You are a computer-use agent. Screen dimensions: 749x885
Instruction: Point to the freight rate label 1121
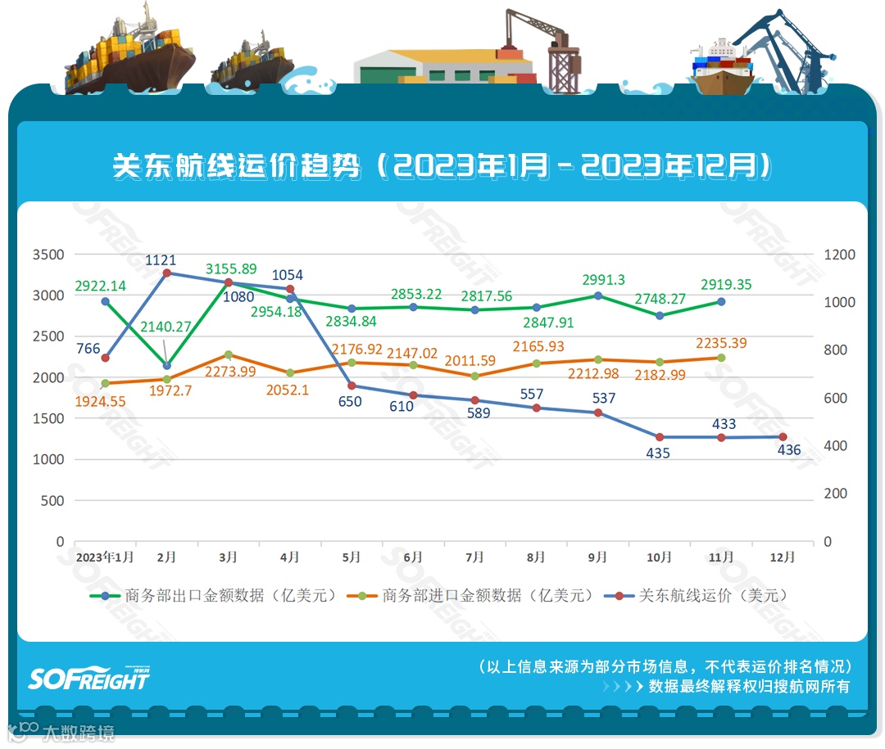(x=161, y=259)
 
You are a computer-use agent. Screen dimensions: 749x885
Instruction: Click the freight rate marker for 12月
(x=783, y=437)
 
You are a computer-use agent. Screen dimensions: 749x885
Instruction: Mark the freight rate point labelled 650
(x=352, y=386)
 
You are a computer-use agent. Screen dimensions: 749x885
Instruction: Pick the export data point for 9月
(x=598, y=296)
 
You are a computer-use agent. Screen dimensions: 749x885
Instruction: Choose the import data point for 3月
(x=229, y=354)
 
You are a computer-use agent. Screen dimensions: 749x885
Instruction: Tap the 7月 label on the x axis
(x=474, y=557)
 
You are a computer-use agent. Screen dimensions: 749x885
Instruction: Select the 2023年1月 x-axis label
(x=105, y=557)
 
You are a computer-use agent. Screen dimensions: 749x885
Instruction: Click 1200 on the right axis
(x=839, y=255)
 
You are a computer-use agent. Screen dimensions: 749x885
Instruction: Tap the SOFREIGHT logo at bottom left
(x=89, y=678)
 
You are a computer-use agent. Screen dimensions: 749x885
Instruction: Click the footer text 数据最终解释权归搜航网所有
(x=749, y=686)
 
